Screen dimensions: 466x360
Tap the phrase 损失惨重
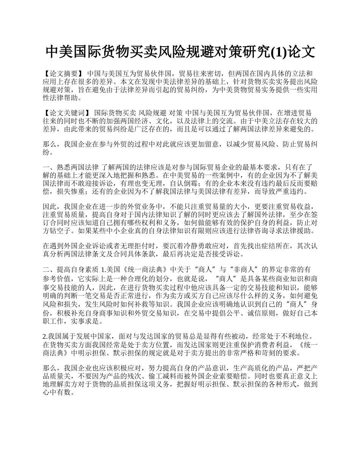point(74,192)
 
